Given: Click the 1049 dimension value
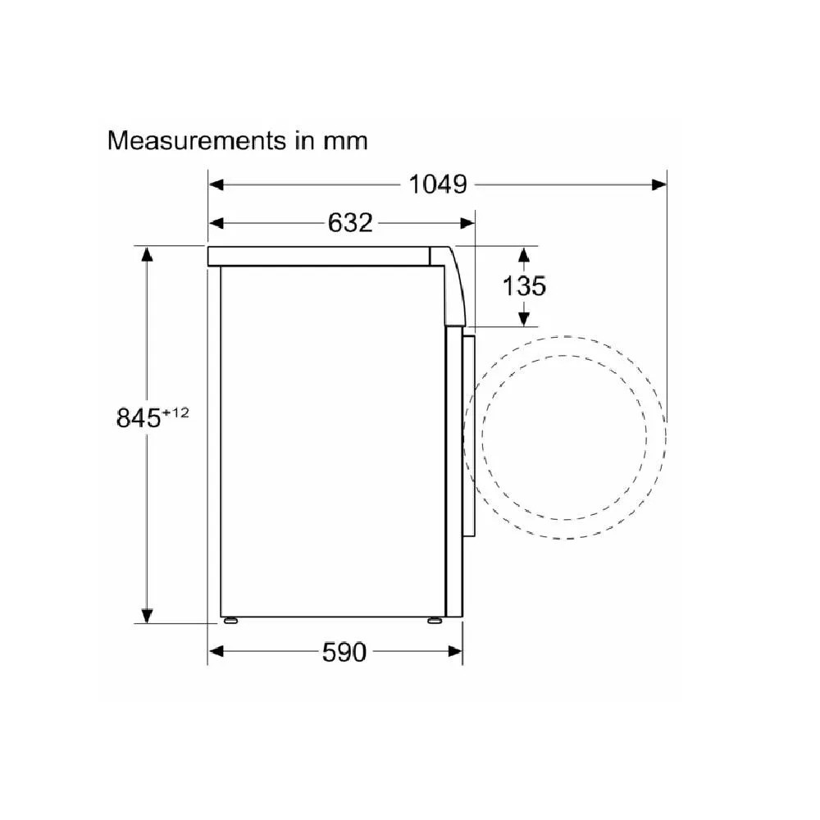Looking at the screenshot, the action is (x=438, y=184).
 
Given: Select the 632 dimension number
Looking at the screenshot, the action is (x=350, y=223).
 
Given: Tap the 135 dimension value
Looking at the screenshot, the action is (x=524, y=285).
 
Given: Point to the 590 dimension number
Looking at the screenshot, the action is (x=344, y=652).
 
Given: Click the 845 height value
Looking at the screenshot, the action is (x=139, y=418).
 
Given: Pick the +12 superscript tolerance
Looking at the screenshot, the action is (x=175, y=412).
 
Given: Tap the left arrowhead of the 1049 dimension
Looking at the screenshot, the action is (x=216, y=184).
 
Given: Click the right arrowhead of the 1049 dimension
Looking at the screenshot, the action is (x=659, y=184).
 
